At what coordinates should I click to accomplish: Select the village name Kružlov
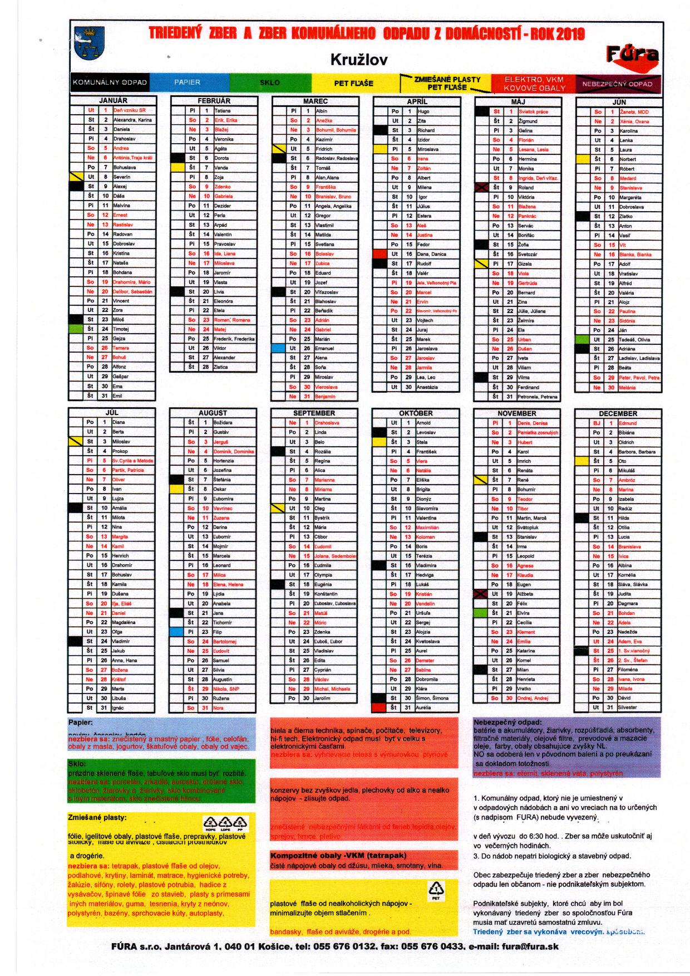pyautogui.click(x=351, y=59)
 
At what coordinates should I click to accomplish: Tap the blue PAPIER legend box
pyautogui.click(x=187, y=82)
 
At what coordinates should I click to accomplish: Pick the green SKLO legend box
pyautogui.click(x=270, y=82)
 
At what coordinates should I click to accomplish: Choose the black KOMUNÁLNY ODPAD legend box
pyautogui.click(x=110, y=82)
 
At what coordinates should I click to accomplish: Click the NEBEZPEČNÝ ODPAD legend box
pyautogui.click(x=618, y=84)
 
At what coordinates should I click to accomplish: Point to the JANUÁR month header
pyautogui.click(x=113, y=101)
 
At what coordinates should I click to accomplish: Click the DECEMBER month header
pyautogui.click(x=618, y=413)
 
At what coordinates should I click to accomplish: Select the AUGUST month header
pyautogui.click(x=213, y=413)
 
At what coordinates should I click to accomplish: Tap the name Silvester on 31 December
pyautogui.click(x=628, y=707)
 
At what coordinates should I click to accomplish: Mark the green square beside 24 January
pyautogui.click(x=75, y=329)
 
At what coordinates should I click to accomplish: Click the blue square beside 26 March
pyautogui.click(x=278, y=348)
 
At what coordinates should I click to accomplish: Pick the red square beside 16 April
pyautogui.click(x=379, y=254)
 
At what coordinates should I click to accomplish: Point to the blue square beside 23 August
pyautogui.click(x=176, y=632)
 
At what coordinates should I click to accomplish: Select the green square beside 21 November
pyautogui.click(x=480, y=613)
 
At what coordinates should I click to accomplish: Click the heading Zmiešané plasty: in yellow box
pyautogui.click(x=97, y=818)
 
